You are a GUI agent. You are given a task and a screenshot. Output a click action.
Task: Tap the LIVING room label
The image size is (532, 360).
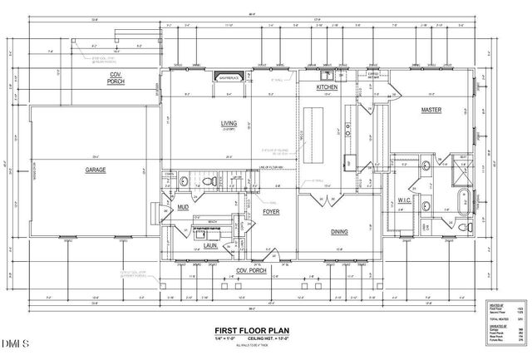coord(229,124)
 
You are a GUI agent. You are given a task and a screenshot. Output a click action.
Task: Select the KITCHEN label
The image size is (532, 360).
coord(325,87)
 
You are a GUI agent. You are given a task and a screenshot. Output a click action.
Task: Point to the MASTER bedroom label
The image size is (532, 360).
coord(431,109)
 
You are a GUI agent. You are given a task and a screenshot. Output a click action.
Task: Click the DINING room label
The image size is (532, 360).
coord(339,232)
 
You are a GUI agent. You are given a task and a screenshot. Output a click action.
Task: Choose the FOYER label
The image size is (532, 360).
coord(271,211)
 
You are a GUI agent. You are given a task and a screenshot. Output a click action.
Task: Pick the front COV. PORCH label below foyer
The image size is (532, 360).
coord(251,271)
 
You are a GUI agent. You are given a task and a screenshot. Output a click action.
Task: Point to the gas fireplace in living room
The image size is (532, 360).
coord(229,78)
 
